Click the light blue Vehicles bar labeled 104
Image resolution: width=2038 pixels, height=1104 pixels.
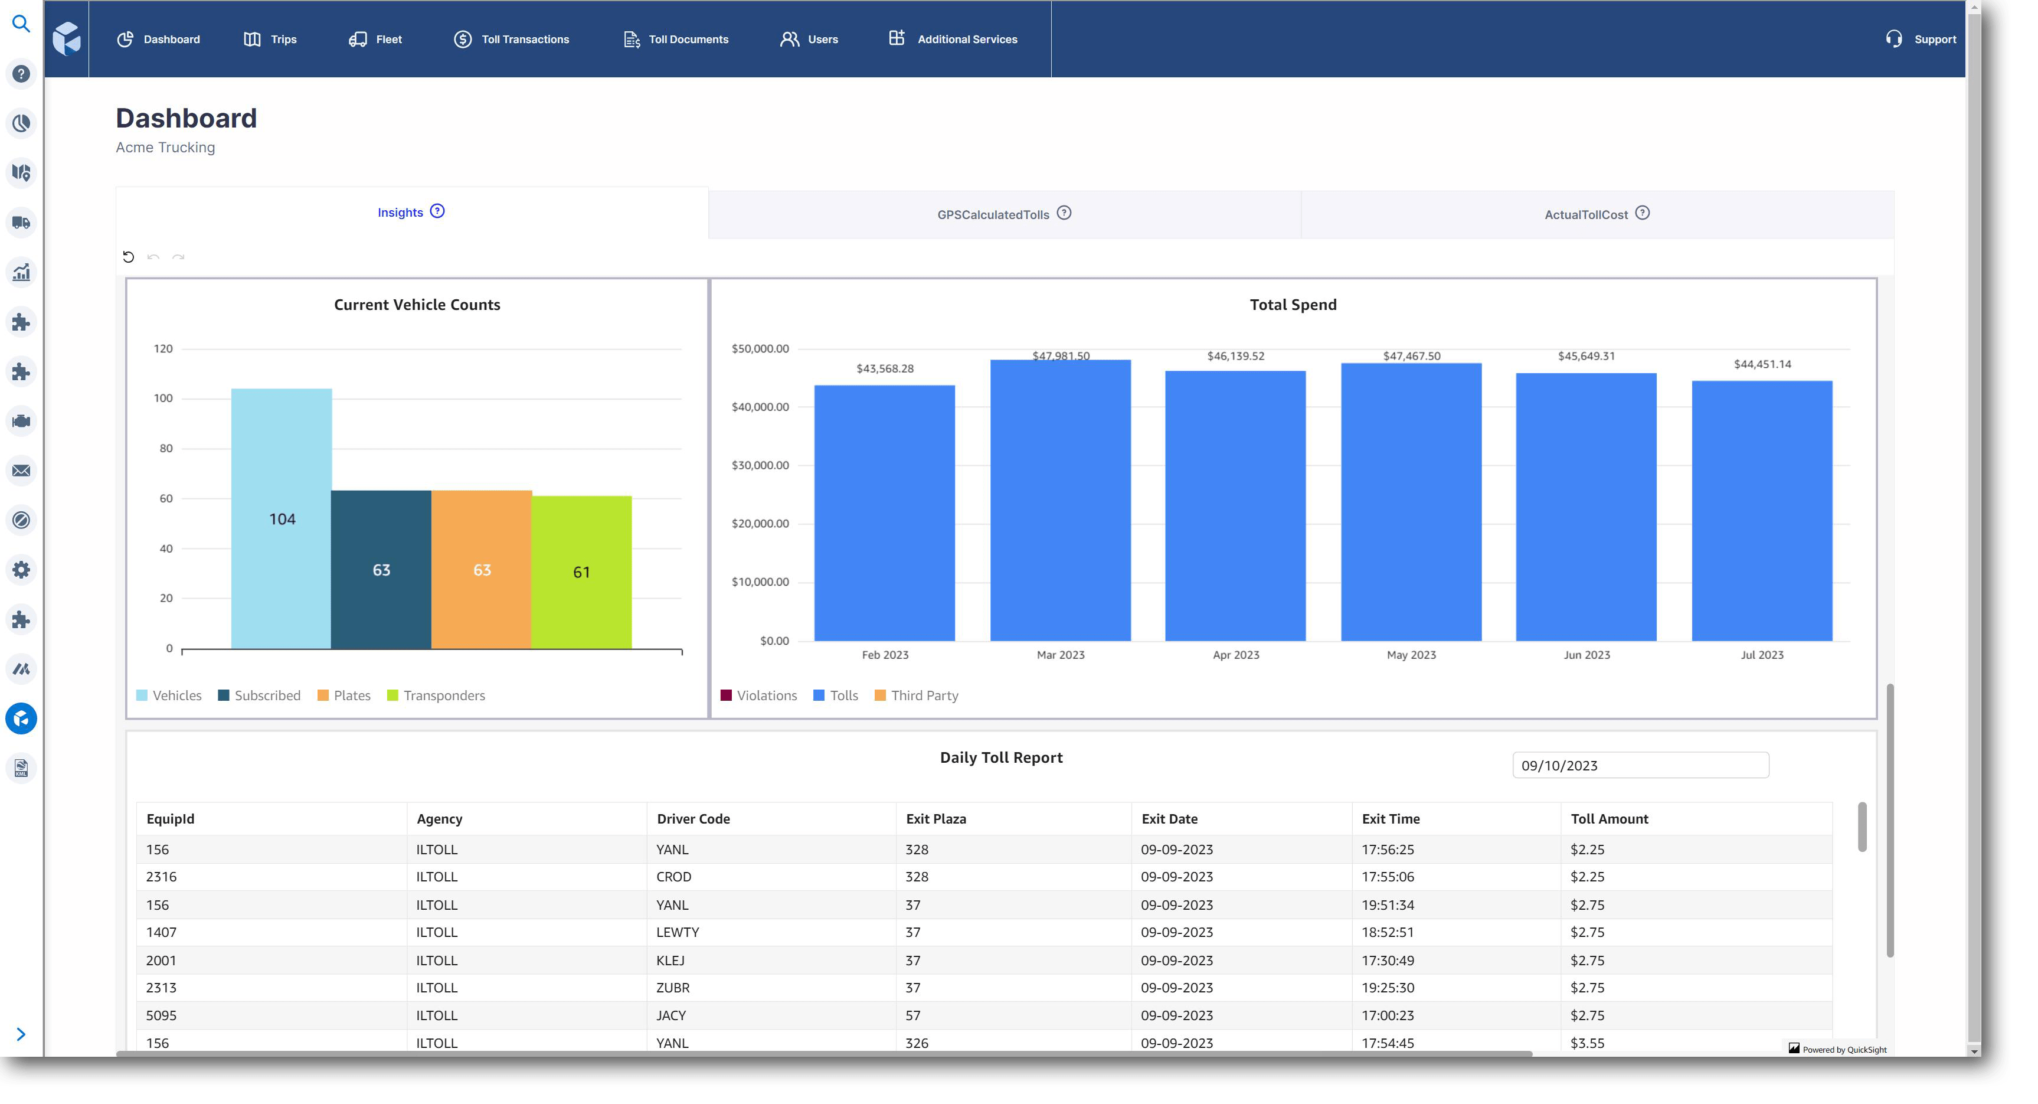(281, 518)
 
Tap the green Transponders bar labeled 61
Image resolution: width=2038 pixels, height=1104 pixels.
(581, 571)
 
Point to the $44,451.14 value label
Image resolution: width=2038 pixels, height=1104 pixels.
(1762, 364)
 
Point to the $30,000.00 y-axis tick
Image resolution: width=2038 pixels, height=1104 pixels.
(760, 465)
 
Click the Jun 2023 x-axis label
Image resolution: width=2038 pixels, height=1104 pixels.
(1586, 655)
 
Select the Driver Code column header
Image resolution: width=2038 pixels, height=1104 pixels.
(693, 819)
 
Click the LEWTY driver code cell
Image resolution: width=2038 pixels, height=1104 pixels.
(677, 932)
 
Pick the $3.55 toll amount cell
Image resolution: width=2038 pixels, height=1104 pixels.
(1587, 1042)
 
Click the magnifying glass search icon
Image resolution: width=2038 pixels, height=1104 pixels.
(21, 24)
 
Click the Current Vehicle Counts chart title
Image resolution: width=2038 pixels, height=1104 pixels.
(417, 305)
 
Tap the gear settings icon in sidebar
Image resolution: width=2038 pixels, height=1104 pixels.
(21, 570)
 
